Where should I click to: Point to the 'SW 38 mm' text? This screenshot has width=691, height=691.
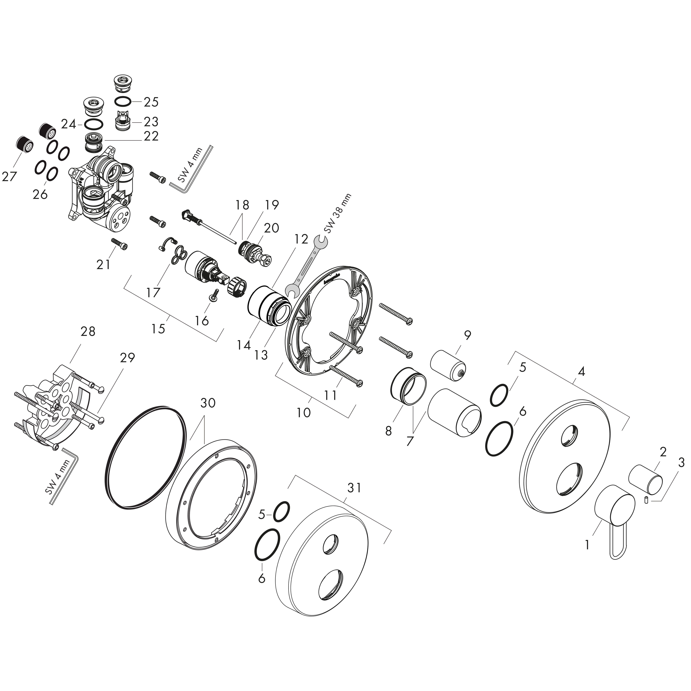[x=338, y=214]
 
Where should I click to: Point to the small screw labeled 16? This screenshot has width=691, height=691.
[x=214, y=295]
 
